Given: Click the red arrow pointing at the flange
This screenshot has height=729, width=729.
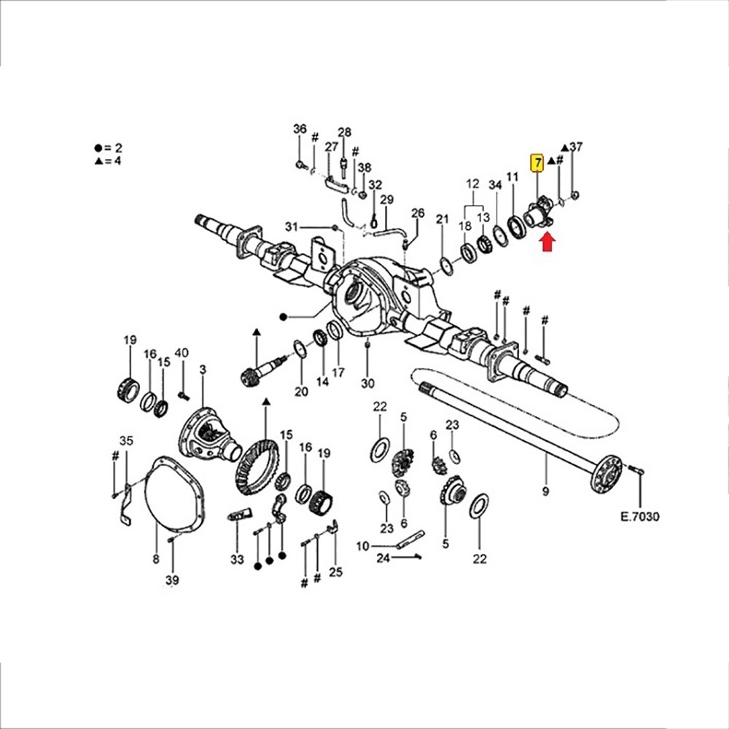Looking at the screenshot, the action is click(548, 242).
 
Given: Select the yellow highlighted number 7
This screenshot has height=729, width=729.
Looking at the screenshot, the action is click(538, 163).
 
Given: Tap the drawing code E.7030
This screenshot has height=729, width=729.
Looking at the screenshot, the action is click(640, 517).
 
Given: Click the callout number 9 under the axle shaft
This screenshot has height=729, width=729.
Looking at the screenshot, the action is click(545, 491).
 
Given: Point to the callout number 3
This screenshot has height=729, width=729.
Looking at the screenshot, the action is click(203, 370).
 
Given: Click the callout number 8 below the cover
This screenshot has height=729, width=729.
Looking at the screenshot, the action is click(156, 558).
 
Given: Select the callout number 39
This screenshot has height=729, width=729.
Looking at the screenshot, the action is click(172, 580).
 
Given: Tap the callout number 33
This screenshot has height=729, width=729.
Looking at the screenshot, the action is click(237, 559).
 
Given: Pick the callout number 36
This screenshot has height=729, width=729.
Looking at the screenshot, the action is click(300, 128).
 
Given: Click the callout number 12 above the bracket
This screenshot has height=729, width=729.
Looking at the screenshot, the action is click(472, 184).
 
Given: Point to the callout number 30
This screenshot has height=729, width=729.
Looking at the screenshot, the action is click(367, 383).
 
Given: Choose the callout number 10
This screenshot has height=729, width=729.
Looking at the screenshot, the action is click(362, 546).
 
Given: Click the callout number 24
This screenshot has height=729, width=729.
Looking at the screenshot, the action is click(383, 558).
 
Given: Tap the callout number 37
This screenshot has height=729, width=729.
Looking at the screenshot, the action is click(576, 147).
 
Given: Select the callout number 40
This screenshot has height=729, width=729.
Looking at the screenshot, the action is click(182, 353).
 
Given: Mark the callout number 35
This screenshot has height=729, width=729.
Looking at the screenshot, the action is click(126, 440).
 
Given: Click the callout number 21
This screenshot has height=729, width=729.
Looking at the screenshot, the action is click(443, 219).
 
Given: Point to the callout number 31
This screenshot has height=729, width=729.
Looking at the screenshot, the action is click(292, 227).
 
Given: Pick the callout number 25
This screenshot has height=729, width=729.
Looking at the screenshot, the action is click(335, 572).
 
